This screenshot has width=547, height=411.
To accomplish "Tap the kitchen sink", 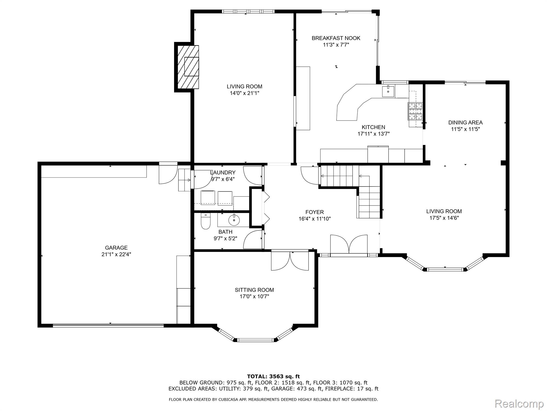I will pyautogui.click(x=388, y=91).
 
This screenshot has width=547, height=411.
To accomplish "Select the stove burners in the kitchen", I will pyautogui.click(x=415, y=111).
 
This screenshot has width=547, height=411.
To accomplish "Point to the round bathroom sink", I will pyautogui.click(x=234, y=220).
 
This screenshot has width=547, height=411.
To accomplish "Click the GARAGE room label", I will pyautogui.click(x=116, y=248).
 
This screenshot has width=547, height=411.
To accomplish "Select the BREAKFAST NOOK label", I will pyautogui.click(x=336, y=38).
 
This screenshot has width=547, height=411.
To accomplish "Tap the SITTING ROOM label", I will pyautogui.click(x=254, y=290).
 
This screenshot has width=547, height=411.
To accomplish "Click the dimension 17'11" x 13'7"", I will pyautogui.click(x=373, y=134).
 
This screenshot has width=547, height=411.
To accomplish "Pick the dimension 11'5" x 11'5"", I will pyautogui.click(x=465, y=129).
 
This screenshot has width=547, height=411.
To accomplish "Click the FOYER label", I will pyautogui.click(x=315, y=212).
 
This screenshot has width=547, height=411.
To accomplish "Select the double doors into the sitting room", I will pyautogui.click(x=290, y=261).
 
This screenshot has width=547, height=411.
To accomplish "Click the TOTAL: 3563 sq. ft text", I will pyautogui.click(x=273, y=376).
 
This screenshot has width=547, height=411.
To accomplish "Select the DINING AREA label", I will pyautogui.click(x=465, y=123).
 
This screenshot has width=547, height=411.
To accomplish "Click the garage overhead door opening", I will pyautogui.click(x=108, y=325).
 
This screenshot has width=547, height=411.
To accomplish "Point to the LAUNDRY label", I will pyautogui.click(x=223, y=173).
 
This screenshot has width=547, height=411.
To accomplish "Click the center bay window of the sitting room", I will pyautogui.click(x=256, y=340).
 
